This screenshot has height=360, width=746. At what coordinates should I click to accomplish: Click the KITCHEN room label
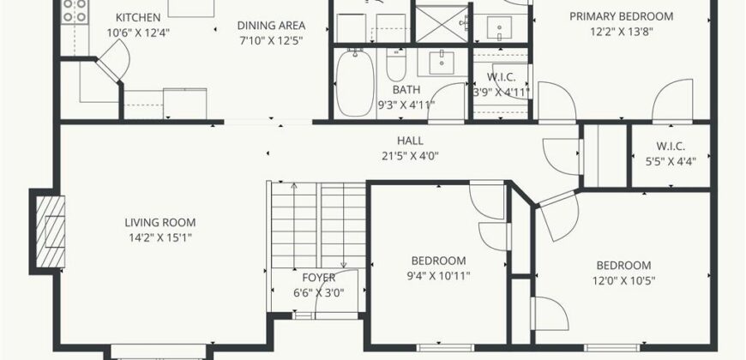click(138, 18)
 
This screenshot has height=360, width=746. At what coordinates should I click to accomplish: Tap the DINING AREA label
click(271, 26)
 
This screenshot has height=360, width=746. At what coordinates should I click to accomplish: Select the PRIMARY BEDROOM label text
click(622, 16)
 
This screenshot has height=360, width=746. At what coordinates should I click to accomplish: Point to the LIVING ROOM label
click(160, 223)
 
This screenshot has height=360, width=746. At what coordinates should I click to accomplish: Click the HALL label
click(410, 141)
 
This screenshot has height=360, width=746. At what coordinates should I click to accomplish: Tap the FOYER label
click(319, 278)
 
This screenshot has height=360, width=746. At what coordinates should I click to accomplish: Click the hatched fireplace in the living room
click(51, 231)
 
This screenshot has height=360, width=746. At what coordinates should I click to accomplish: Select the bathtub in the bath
click(355, 83)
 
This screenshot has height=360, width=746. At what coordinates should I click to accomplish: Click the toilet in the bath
click(396, 65)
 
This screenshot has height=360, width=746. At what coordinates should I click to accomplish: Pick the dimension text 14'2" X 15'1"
click(160, 237)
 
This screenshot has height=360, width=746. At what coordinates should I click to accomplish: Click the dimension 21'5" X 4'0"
click(410, 155)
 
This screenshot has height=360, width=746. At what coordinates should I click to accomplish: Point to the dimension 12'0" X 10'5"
click(623, 280)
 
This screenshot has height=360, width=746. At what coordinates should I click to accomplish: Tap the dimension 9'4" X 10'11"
click(438, 276)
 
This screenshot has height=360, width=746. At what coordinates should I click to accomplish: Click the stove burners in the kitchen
click(75, 10)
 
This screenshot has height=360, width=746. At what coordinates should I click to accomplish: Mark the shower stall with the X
click(442, 24)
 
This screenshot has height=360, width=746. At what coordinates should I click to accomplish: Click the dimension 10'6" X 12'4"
click(138, 33)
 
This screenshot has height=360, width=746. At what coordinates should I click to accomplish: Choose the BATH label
click(406, 89)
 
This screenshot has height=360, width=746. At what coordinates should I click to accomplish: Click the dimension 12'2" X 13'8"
click(622, 32)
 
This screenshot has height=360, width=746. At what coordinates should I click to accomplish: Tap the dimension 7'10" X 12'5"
click(271, 40)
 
